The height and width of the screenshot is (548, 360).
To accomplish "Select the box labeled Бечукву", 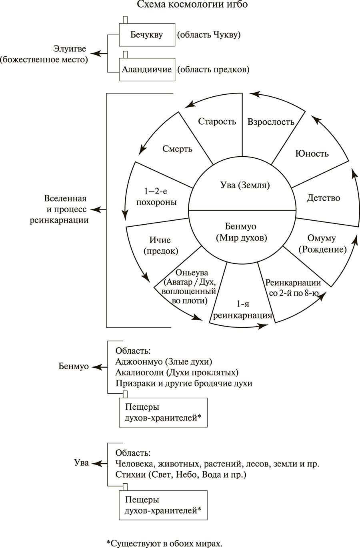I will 147,34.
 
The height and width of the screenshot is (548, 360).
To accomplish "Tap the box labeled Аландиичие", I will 147,69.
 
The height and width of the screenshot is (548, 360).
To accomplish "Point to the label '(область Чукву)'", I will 209,34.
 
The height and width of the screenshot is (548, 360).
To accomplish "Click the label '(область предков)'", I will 213,69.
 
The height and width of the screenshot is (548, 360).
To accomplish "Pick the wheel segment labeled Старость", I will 217,122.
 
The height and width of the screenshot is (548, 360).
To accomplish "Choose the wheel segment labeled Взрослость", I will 271,122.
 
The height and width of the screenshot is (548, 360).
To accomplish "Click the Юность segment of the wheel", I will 312,153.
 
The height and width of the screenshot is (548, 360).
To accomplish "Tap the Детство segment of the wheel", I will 323,198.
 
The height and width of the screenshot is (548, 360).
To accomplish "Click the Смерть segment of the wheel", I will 177,149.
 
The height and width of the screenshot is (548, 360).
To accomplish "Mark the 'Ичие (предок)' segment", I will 160,245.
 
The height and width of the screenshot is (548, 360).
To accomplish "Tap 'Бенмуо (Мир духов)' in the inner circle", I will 242,232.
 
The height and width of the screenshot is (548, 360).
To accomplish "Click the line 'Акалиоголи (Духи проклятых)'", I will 176,373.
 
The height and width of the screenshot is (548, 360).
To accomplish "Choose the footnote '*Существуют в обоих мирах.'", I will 164,543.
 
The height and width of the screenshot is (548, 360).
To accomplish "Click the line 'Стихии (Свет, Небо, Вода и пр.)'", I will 180,475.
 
